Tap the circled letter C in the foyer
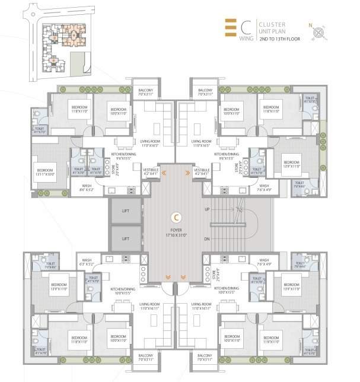(176, 217)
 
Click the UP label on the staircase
(208, 210)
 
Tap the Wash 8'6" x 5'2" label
(87, 189)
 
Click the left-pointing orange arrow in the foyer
(164, 173)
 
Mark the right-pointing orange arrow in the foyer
(187, 173)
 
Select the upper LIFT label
(125, 211)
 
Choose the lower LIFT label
(125, 238)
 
